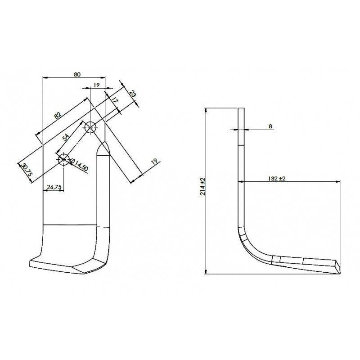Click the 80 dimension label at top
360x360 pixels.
pos(77,74)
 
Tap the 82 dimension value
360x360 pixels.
pos(58,115)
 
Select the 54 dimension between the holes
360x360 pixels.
pos(65,137)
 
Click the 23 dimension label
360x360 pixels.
pos(132,94)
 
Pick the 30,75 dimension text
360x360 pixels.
pos(27,170)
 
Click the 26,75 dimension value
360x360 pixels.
pos(54,187)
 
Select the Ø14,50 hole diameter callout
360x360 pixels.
pos(78,165)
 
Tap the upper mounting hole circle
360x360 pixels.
pos(91,127)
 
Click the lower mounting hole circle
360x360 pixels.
pos(63,159)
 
